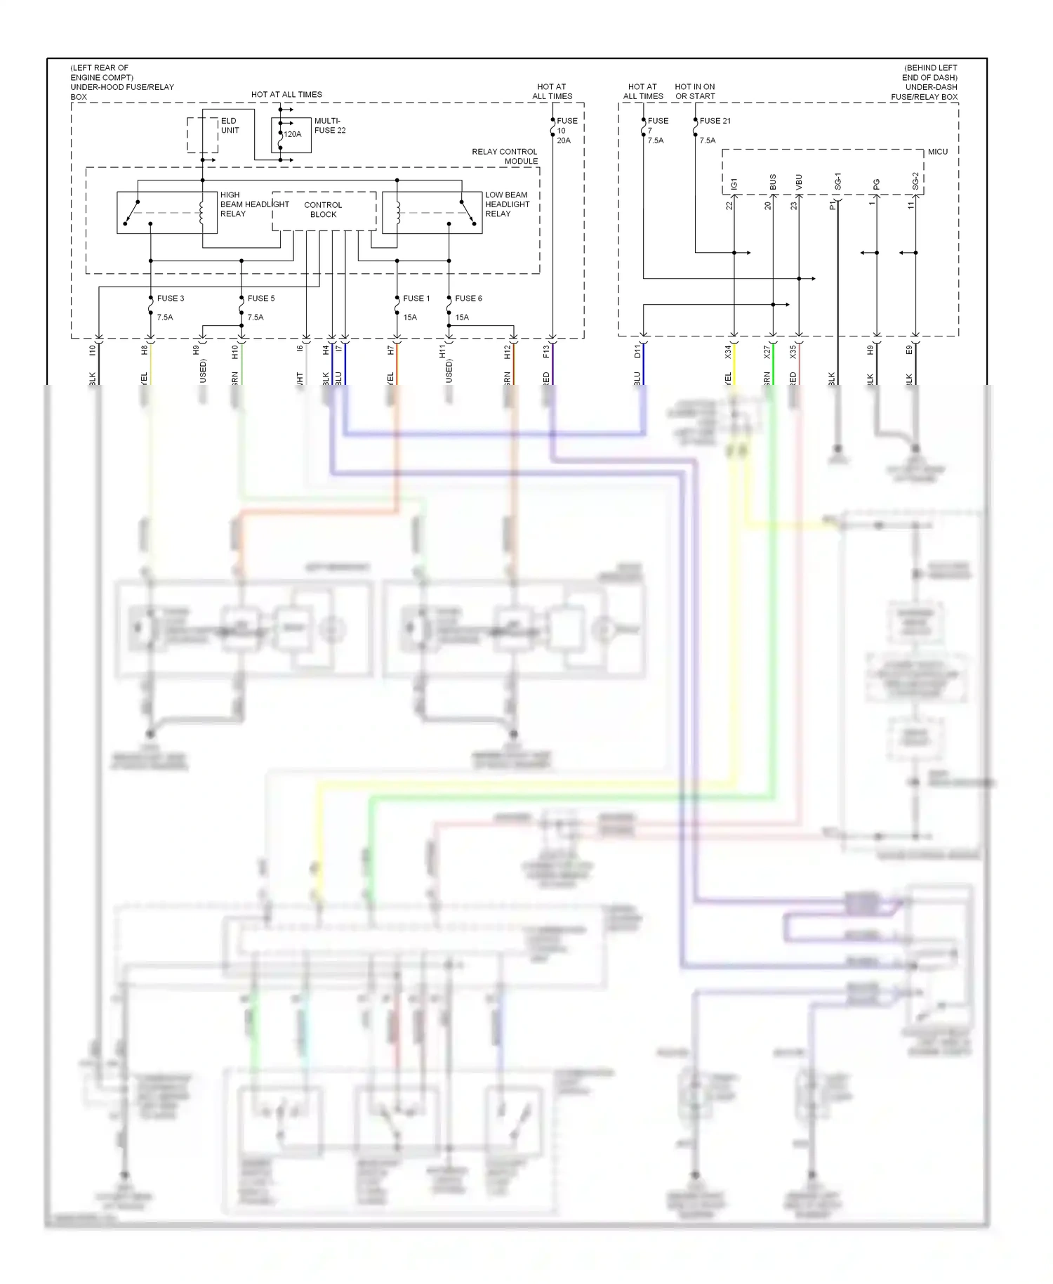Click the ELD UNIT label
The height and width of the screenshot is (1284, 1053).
click(230, 126)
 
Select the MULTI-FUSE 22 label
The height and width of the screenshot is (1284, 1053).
click(329, 126)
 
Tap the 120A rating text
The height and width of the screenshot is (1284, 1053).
click(293, 134)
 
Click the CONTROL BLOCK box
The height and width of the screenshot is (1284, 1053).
click(324, 210)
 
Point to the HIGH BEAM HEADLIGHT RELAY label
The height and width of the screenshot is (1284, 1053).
click(253, 204)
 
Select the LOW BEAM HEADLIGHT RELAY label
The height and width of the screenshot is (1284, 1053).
click(507, 204)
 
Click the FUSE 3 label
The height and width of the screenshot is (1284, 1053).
click(171, 299)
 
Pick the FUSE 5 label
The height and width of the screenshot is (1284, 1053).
click(261, 299)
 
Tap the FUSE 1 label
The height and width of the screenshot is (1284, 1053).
click(416, 299)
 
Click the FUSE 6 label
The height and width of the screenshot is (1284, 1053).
click(468, 299)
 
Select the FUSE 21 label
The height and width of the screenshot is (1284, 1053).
click(715, 121)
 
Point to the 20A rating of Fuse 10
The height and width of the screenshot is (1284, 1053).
click(564, 140)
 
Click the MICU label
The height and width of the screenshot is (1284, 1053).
click(937, 152)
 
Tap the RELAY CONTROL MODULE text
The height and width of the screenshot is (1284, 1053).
click(505, 157)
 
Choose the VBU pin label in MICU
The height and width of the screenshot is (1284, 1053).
click(799, 182)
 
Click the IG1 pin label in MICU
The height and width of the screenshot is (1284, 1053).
click(734, 183)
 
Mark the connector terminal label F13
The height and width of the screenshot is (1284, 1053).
click(546, 352)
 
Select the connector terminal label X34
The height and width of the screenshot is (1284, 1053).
click(728, 352)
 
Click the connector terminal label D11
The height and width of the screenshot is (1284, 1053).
click(637, 352)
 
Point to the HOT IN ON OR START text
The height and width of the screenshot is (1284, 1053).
click(695, 91)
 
